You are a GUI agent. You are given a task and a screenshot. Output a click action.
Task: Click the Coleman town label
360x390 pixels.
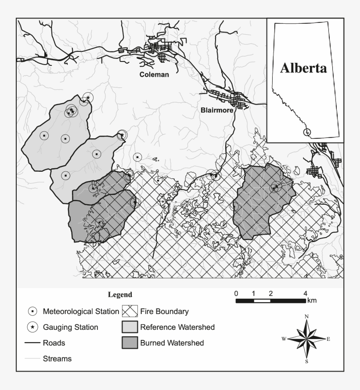click(154, 75)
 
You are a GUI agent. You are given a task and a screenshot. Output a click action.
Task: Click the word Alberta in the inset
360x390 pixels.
click(304, 69)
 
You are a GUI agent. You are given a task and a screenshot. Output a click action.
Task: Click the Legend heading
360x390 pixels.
click(120, 294)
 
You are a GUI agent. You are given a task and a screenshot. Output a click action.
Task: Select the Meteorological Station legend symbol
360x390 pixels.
click(32, 312)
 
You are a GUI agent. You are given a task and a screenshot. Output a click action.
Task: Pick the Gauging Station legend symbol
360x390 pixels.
click(32, 327)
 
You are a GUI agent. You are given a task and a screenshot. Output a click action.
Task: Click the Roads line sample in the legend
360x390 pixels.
click(32, 343)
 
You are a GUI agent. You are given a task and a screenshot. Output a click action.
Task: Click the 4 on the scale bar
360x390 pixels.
click(305, 293)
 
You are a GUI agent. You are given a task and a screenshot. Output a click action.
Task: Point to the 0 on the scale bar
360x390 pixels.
click(236, 293)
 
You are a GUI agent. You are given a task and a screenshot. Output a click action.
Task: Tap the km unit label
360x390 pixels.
click(312, 301)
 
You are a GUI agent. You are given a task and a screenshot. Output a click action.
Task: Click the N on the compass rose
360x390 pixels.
click(306, 317)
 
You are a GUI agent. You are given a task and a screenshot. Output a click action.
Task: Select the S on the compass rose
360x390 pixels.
click(306, 361)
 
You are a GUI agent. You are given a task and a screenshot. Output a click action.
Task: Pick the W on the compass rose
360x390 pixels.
click(284, 339)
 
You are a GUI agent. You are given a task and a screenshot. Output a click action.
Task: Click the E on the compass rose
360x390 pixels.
click(328, 339)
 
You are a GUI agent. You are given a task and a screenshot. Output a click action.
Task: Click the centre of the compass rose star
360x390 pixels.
click(306, 339)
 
